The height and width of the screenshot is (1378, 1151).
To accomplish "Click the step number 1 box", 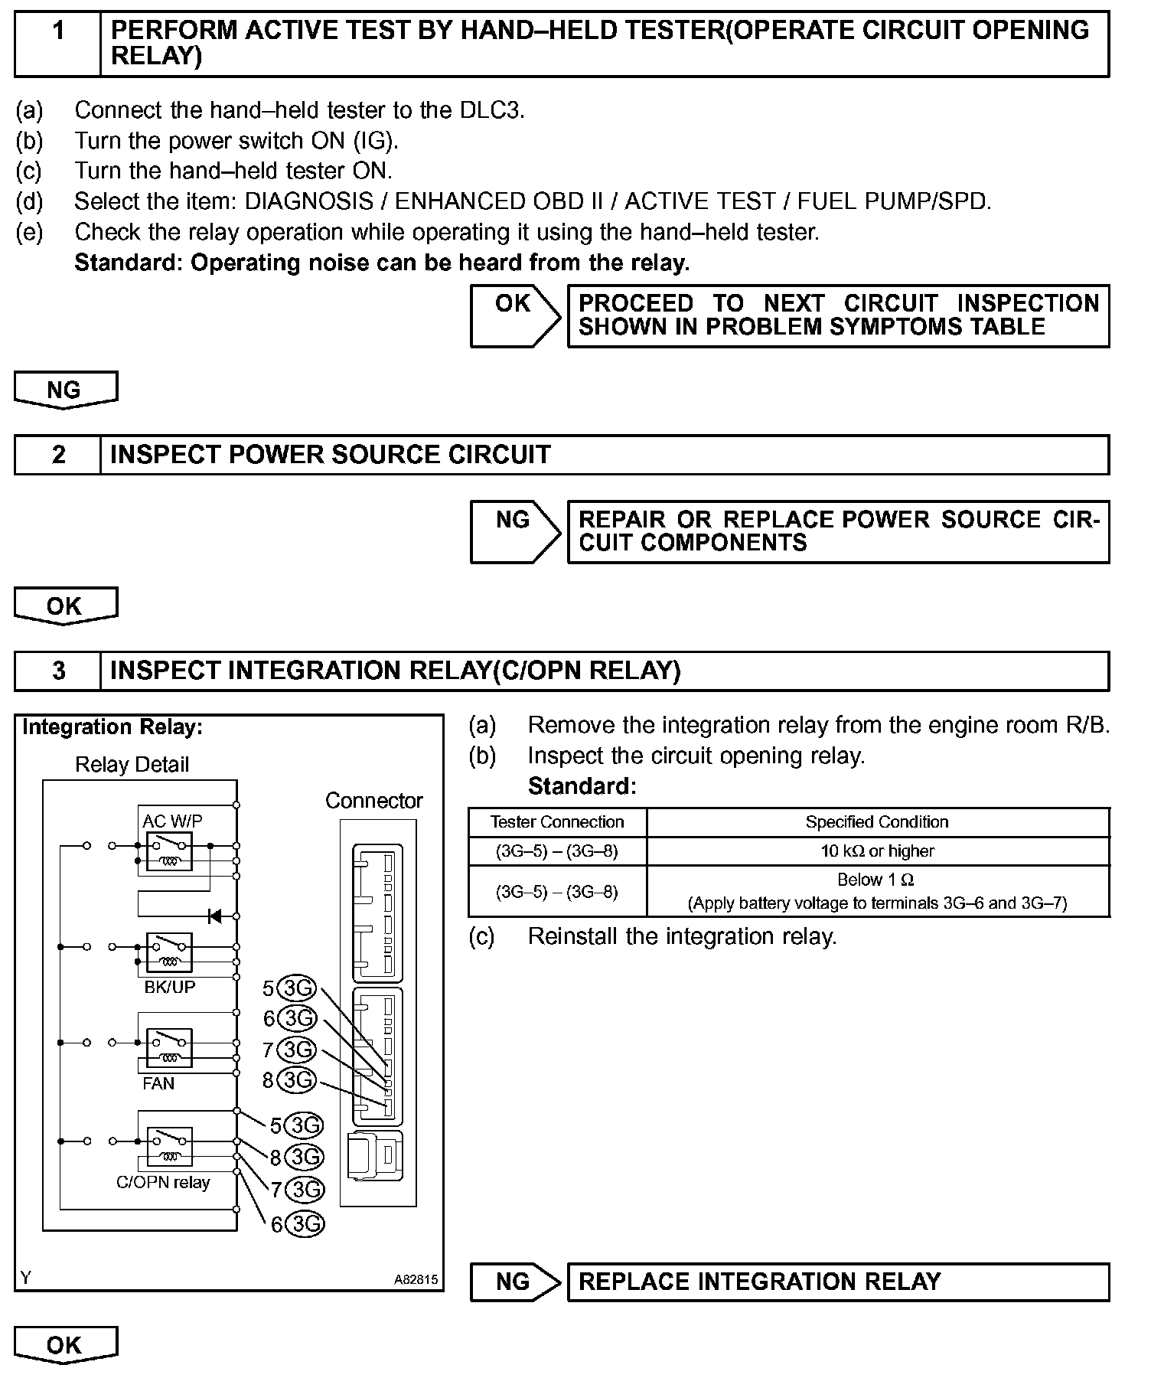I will coord(58,43).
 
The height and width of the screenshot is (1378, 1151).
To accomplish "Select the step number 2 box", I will coord(58,455).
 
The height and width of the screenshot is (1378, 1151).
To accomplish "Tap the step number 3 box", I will coord(58,671).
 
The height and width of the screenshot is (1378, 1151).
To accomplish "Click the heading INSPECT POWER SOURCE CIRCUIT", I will coord(330,455).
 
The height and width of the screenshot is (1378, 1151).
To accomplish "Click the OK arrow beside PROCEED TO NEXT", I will coord(515,315).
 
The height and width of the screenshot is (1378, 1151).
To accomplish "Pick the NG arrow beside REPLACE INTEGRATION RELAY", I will coord(515,1282).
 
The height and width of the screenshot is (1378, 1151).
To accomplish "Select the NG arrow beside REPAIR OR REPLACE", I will coord(515,531).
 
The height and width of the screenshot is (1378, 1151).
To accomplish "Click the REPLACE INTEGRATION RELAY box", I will coord(837,1282).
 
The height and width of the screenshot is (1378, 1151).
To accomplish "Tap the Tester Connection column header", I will coord(557,822).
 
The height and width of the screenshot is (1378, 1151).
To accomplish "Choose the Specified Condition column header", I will coord(877,822).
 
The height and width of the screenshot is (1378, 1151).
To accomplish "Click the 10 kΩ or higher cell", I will coord(877,851).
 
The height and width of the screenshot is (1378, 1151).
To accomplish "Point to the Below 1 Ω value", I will coord(876,880).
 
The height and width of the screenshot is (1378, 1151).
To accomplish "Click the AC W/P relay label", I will coord(172,821).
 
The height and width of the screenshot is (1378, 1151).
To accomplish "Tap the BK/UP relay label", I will coord(169,987).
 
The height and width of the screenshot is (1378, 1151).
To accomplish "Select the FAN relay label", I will coord(158,1083).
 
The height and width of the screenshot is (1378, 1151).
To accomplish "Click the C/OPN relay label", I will coord(163,1182).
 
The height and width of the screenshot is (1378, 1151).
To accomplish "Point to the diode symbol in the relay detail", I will coord(214,916).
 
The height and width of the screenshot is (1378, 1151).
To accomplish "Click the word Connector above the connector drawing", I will coord(373,801).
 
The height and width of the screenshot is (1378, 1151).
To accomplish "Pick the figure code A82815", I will coord(416,1279).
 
